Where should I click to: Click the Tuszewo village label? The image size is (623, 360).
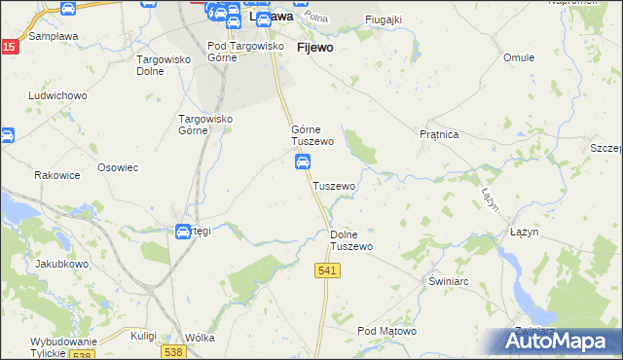pyautogui.click(x=334, y=185)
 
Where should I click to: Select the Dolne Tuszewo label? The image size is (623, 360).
pyautogui.click(x=351, y=240)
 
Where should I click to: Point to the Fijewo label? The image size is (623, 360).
pyautogui.click(x=314, y=46)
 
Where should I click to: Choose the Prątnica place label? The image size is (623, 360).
pyautogui.click(x=438, y=134)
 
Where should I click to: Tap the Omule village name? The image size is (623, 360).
pyautogui.click(x=519, y=57)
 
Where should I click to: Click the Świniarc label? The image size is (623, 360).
pyautogui.click(x=450, y=279)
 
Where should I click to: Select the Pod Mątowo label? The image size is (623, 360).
pyautogui.click(x=386, y=332)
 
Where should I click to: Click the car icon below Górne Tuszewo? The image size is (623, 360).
pyautogui.click(x=303, y=162)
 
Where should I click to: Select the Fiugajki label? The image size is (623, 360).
pyautogui.click(x=383, y=19)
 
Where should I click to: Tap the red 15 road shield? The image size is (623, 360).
pyautogui.click(x=8, y=47)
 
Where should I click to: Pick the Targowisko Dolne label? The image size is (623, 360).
pyautogui.click(x=163, y=64)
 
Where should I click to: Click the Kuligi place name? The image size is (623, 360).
pyautogui.click(x=143, y=335)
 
